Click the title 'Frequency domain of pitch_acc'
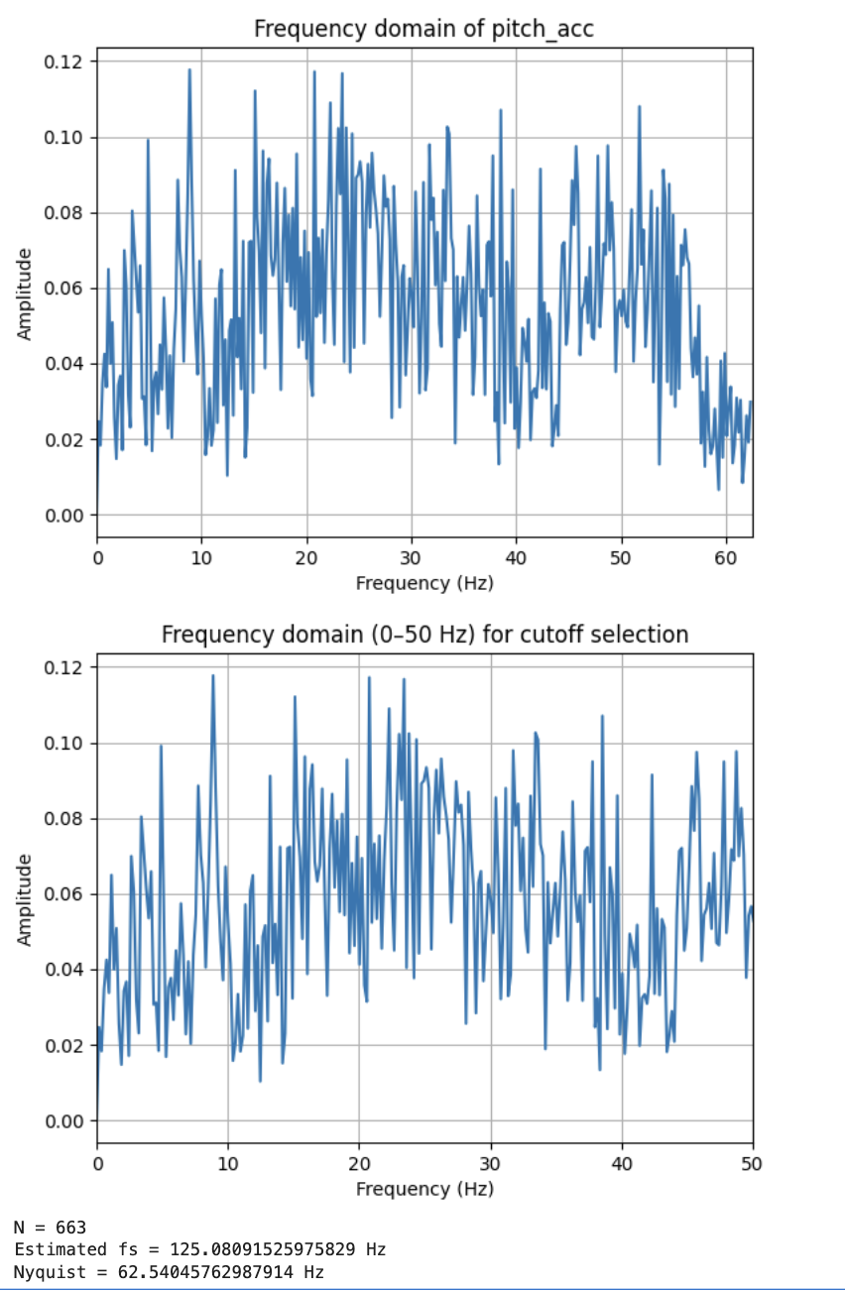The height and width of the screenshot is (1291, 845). pos(423,28)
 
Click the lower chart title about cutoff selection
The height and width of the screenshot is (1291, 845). pos(424,634)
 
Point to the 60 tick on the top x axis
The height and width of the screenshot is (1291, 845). pos(725,557)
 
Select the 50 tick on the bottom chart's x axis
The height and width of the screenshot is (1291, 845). pos(753,1163)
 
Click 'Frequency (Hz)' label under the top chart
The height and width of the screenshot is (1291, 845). pos(424,583)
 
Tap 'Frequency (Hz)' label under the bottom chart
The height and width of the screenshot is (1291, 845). pos(424,1188)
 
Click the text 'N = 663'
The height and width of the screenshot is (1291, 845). pos(50,1228)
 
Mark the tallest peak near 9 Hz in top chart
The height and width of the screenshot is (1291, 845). pos(189,70)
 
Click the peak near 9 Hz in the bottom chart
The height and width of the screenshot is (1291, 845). pos(212,676)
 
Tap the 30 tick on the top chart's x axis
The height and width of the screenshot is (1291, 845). pos(411,557)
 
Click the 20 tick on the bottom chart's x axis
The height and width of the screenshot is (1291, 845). pos(359,1163)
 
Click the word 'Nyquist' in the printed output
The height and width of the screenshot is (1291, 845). pos(43,1271)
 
